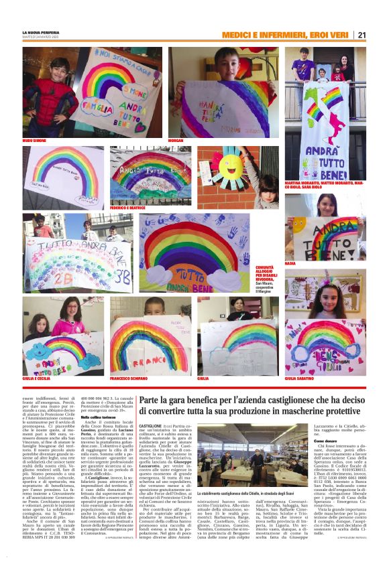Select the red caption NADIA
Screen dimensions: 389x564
tap(290, 264)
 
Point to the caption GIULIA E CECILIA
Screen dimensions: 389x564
tap(40, 378)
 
